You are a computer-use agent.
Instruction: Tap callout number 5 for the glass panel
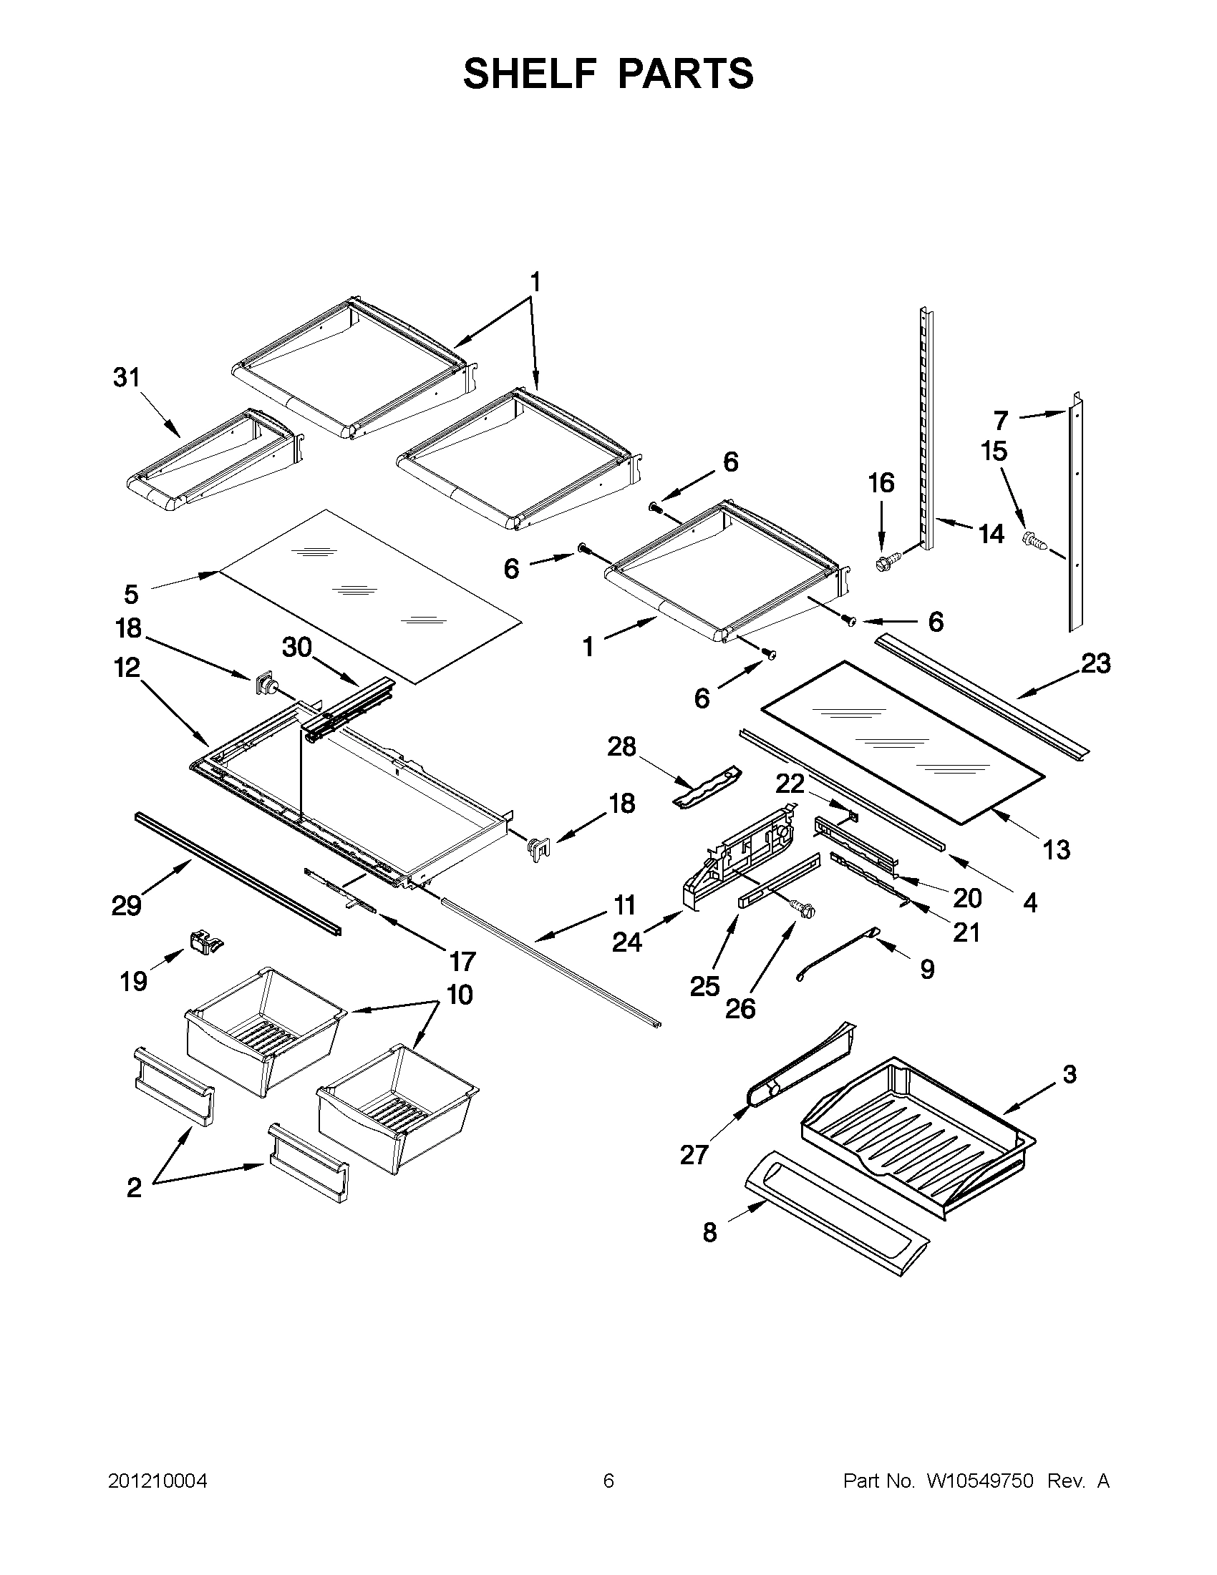pos(130,594)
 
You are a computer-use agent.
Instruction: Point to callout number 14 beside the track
pos(991,534)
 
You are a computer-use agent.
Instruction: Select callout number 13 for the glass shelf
pos(1056,849)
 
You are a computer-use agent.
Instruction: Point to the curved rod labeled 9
pos(837,954)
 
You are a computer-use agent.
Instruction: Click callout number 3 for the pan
pos(1069,1094)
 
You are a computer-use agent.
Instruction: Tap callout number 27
pos(694,1154)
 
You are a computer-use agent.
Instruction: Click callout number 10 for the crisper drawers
pos(460,995)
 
